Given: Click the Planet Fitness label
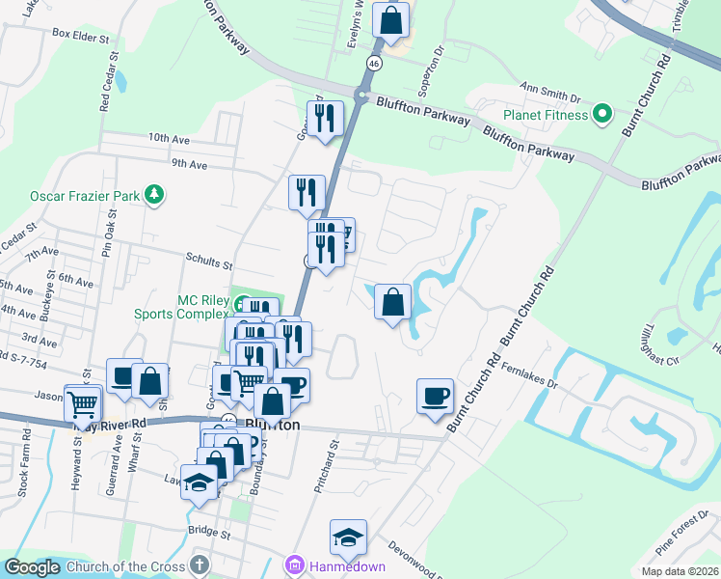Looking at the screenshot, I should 545,115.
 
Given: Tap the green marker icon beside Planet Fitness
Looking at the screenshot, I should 602,115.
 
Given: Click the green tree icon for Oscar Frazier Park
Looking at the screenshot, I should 152,195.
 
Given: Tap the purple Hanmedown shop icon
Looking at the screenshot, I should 294,565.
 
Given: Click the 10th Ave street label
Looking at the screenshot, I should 171,138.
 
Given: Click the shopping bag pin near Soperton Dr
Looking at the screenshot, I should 391,20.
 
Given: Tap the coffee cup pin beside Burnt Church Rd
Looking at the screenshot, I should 435,396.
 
